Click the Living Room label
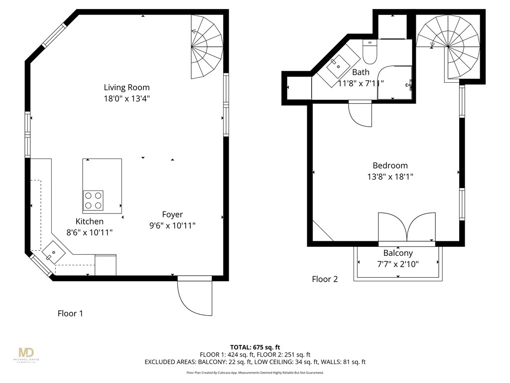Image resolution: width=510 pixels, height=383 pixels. click(127, 88)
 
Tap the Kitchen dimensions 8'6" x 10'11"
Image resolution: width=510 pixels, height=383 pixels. click(90, 232)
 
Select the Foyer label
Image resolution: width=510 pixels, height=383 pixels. click(172, 215)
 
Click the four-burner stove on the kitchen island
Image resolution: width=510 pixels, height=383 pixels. click(93, 200)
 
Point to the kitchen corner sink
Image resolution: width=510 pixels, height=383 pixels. click(52, 252)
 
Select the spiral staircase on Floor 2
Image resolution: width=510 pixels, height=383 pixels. click(448, 46)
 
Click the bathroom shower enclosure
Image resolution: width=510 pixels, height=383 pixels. click(395, 82)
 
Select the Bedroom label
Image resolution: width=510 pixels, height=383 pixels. click(390, 166)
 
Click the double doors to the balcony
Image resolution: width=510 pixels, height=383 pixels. click(407, 227)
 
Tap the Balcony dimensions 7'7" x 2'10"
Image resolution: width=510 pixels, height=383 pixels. click(398, 264)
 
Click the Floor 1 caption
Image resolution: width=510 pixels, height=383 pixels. click(70, 314)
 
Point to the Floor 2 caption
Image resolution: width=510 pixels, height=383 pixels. click(325, 279)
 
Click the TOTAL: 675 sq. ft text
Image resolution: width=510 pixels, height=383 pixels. click(255, 347)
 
